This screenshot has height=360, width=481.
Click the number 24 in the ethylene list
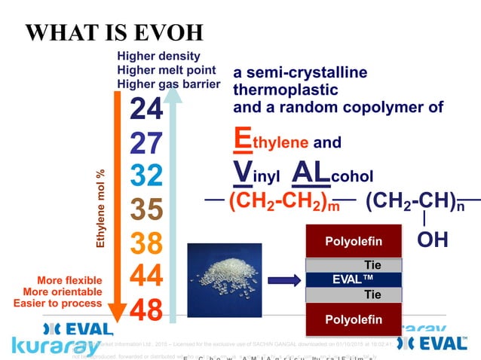click(x=146, y=110)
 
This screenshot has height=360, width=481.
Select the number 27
click(x=146, y=143)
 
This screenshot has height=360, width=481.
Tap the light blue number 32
click(x=146, y=175)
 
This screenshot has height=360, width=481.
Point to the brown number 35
click(x=146, y=209)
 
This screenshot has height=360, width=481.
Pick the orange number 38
click(x=146, y=243)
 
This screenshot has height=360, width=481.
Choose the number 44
click(x=146, y=276)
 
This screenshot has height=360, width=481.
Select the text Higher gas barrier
click(x=168, y=84)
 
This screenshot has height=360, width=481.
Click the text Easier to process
click(x=57, y=303)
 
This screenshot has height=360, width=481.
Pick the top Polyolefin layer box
click(x=354, y=241)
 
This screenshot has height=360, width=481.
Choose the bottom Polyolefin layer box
click(x=354, y=320)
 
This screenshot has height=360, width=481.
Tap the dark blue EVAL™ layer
click(x=354, y=279)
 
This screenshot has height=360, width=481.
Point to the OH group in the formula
click(x=432, y=239)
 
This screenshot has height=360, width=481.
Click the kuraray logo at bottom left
click(x=56, y=346)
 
